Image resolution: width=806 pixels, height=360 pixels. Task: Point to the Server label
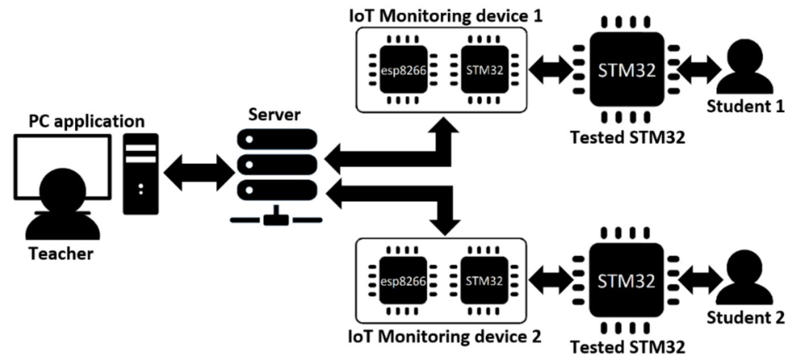tap(274, 114)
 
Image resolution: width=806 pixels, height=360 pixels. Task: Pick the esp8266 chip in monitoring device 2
tap(403, 281)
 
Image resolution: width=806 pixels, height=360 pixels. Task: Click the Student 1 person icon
tap(745, 68)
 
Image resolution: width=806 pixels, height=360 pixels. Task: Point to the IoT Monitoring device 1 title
tap(445, 15)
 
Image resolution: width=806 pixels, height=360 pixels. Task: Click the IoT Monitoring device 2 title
tap(445, 337)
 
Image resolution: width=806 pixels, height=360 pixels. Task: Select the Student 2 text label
tap(745, 317)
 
